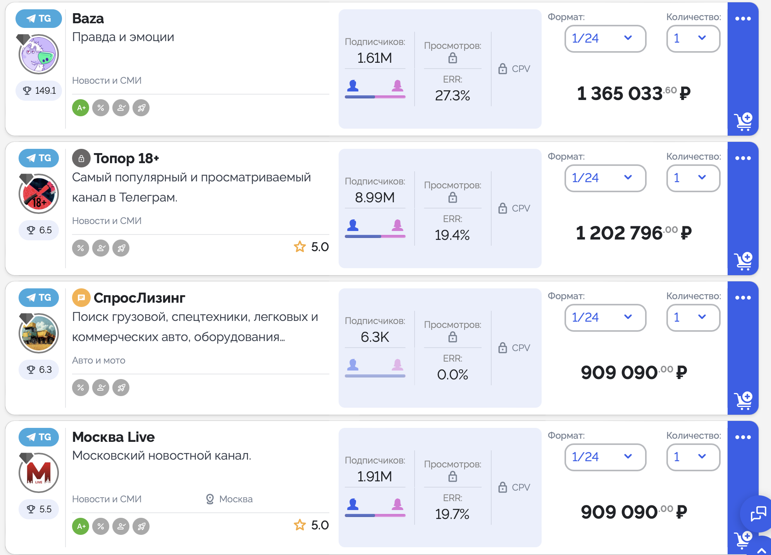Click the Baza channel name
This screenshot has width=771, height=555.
click(88, 19)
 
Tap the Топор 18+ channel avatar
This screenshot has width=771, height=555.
click(39, 194)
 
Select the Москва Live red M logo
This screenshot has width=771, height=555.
click(39, 473)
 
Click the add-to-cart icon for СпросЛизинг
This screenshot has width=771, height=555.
click(743, 400)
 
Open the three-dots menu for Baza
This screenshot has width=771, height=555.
click(743, 19)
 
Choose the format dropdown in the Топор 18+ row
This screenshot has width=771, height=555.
click(605, 178)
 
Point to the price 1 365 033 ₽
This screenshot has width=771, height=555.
click(633, 93)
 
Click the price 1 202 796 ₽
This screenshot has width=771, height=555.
click(633, 233)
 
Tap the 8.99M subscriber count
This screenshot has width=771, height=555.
click(375, 198)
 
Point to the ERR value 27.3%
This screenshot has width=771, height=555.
click(452, 96)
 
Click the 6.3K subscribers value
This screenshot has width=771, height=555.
click(375, 337)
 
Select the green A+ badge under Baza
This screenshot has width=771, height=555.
click(81, 108)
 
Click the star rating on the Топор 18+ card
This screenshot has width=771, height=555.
click(311, 247)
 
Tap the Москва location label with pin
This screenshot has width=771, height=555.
click(229, 499)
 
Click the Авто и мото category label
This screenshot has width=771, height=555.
click(99, 360)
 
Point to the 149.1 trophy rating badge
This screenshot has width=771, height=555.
click(39, 91)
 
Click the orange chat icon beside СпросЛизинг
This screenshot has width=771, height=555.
click(81, 298)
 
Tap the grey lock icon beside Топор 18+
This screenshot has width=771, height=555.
click(81, 158)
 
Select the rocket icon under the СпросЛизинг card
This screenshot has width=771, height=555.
click(121, 388)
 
